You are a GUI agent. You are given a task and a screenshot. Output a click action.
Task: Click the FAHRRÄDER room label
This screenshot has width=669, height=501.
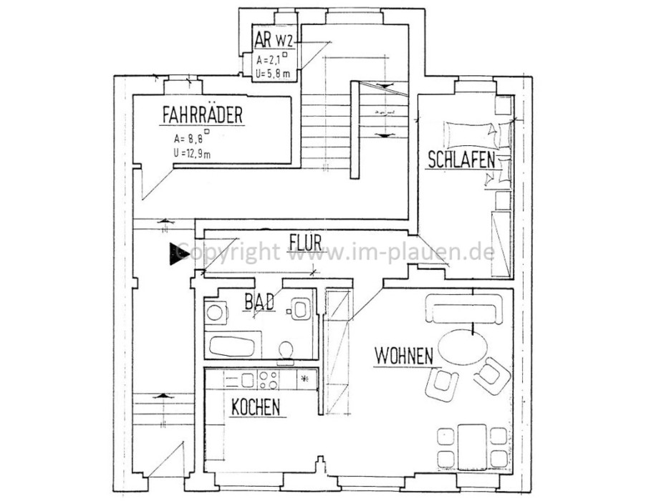point(203,115)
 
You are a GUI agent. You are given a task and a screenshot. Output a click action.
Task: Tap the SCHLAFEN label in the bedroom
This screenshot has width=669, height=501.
point(461,160)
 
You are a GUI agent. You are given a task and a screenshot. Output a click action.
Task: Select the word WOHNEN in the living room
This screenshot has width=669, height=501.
point(403,354)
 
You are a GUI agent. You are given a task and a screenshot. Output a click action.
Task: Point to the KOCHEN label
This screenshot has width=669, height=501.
point(255,407)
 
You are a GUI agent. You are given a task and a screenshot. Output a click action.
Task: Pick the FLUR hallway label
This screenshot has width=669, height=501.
point(305,240)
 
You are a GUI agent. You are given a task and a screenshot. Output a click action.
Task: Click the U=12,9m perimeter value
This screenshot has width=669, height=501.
point(195,152)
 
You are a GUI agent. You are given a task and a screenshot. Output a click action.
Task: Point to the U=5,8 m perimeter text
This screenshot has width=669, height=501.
point(274,72)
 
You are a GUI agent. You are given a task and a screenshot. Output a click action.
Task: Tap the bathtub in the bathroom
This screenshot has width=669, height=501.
point(231,347)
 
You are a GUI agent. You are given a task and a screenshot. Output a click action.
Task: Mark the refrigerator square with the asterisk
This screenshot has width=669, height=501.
point(307,379)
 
